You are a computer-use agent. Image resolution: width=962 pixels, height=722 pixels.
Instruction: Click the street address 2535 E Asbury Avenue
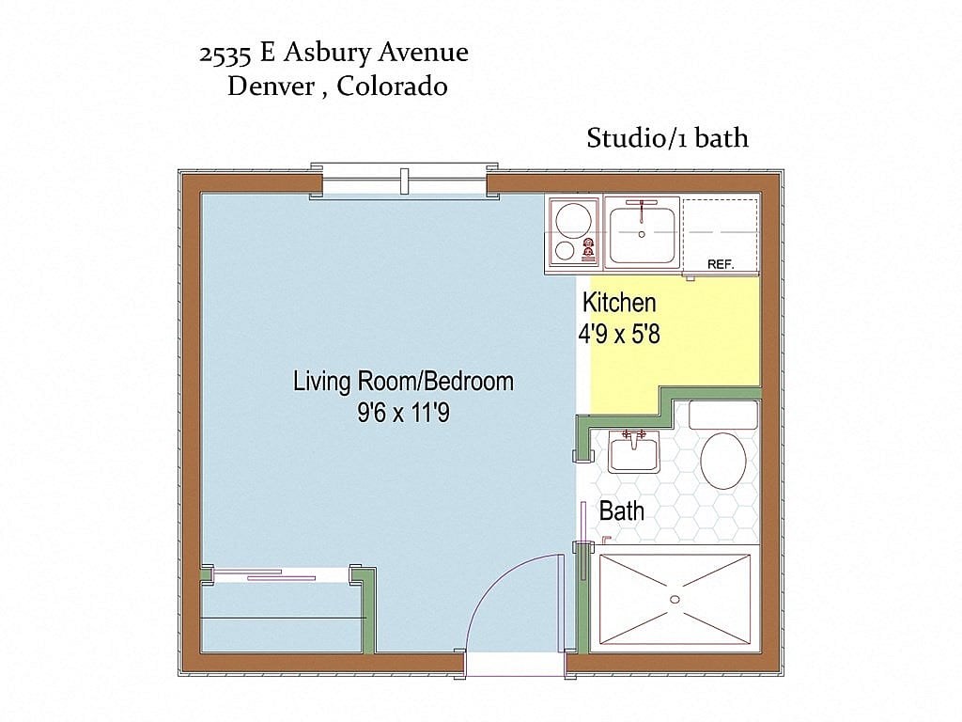coord(334,54)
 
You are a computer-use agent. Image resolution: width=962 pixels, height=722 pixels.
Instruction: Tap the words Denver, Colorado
coord(336,87)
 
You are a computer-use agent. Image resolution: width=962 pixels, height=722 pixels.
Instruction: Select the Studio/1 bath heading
coord(667,138)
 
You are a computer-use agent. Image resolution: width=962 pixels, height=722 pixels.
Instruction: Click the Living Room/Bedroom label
coord(403,382)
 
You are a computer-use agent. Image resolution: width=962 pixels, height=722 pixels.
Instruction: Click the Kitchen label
coord(619,303)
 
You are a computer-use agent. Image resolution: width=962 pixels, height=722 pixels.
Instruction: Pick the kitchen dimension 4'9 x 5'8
coord(619,334)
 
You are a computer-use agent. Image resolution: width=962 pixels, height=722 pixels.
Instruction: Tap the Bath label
coord(621,511)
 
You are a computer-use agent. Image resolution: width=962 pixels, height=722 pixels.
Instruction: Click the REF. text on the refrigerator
coord(721,264)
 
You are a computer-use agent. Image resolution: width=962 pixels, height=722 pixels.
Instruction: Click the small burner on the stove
coord(564,251)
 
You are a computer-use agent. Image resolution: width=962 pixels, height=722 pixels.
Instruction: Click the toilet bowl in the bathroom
coord(723,461)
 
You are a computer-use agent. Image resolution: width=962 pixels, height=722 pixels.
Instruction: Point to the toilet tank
coord(723,415)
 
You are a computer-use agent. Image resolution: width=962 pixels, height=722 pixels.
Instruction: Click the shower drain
coord(675,599)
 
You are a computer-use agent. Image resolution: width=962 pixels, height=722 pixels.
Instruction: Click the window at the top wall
coord(404,180)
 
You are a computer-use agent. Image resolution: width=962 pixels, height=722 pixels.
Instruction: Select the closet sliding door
coord(281,575)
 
